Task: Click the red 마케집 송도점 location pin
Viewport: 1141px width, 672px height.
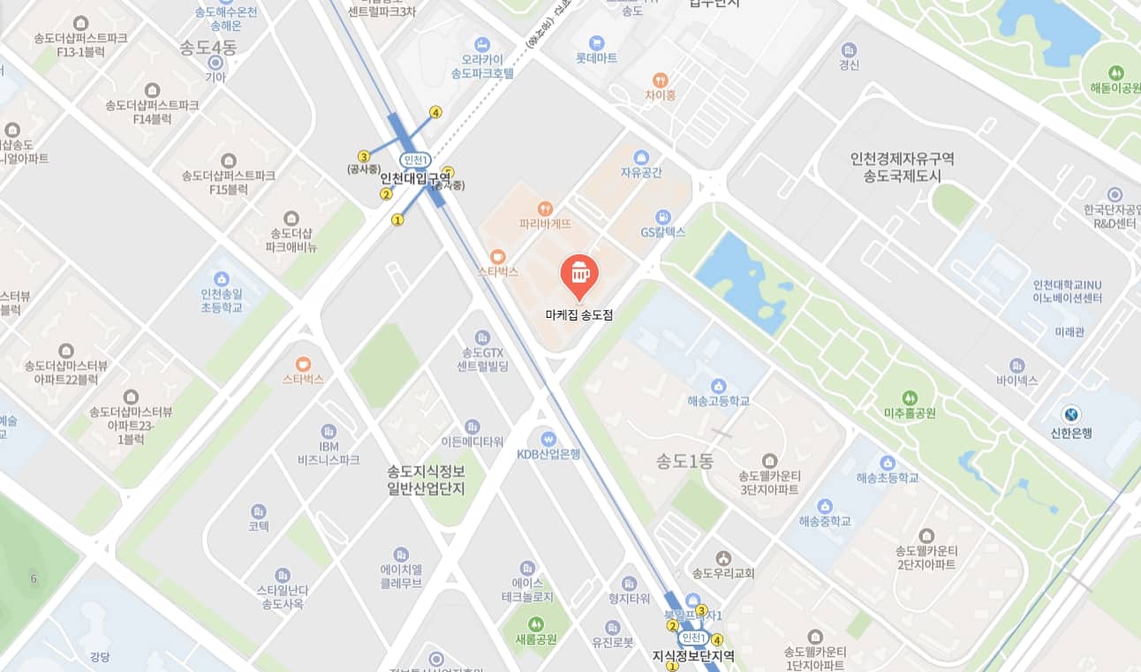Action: (579, 274)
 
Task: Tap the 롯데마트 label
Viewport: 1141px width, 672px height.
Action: (596, 57)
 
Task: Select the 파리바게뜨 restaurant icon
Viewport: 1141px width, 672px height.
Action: (545, 208)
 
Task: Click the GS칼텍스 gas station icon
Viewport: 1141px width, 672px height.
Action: (663, 216)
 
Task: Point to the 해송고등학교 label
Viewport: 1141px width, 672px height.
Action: (718, 401)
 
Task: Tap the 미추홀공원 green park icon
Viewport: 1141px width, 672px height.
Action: (911, 397)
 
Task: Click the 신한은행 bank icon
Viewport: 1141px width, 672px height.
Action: (1071, 413)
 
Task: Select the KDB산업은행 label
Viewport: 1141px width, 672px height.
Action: (548, 454)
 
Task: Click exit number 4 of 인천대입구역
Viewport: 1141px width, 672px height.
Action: (435, 112)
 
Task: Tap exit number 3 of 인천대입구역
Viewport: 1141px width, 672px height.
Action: (363, 156)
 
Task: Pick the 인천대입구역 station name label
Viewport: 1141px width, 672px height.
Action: (415, 177)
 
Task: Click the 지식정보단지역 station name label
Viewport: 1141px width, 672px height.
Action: (693, 656)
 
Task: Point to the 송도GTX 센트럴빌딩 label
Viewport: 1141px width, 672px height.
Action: (482, 359)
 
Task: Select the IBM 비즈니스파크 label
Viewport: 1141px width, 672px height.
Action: (329, 453)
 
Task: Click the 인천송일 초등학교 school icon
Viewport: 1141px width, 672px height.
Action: (221, 278)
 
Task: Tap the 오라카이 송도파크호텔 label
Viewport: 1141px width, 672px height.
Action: (481, 67)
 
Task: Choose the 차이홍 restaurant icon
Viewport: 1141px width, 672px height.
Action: (659, 79)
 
